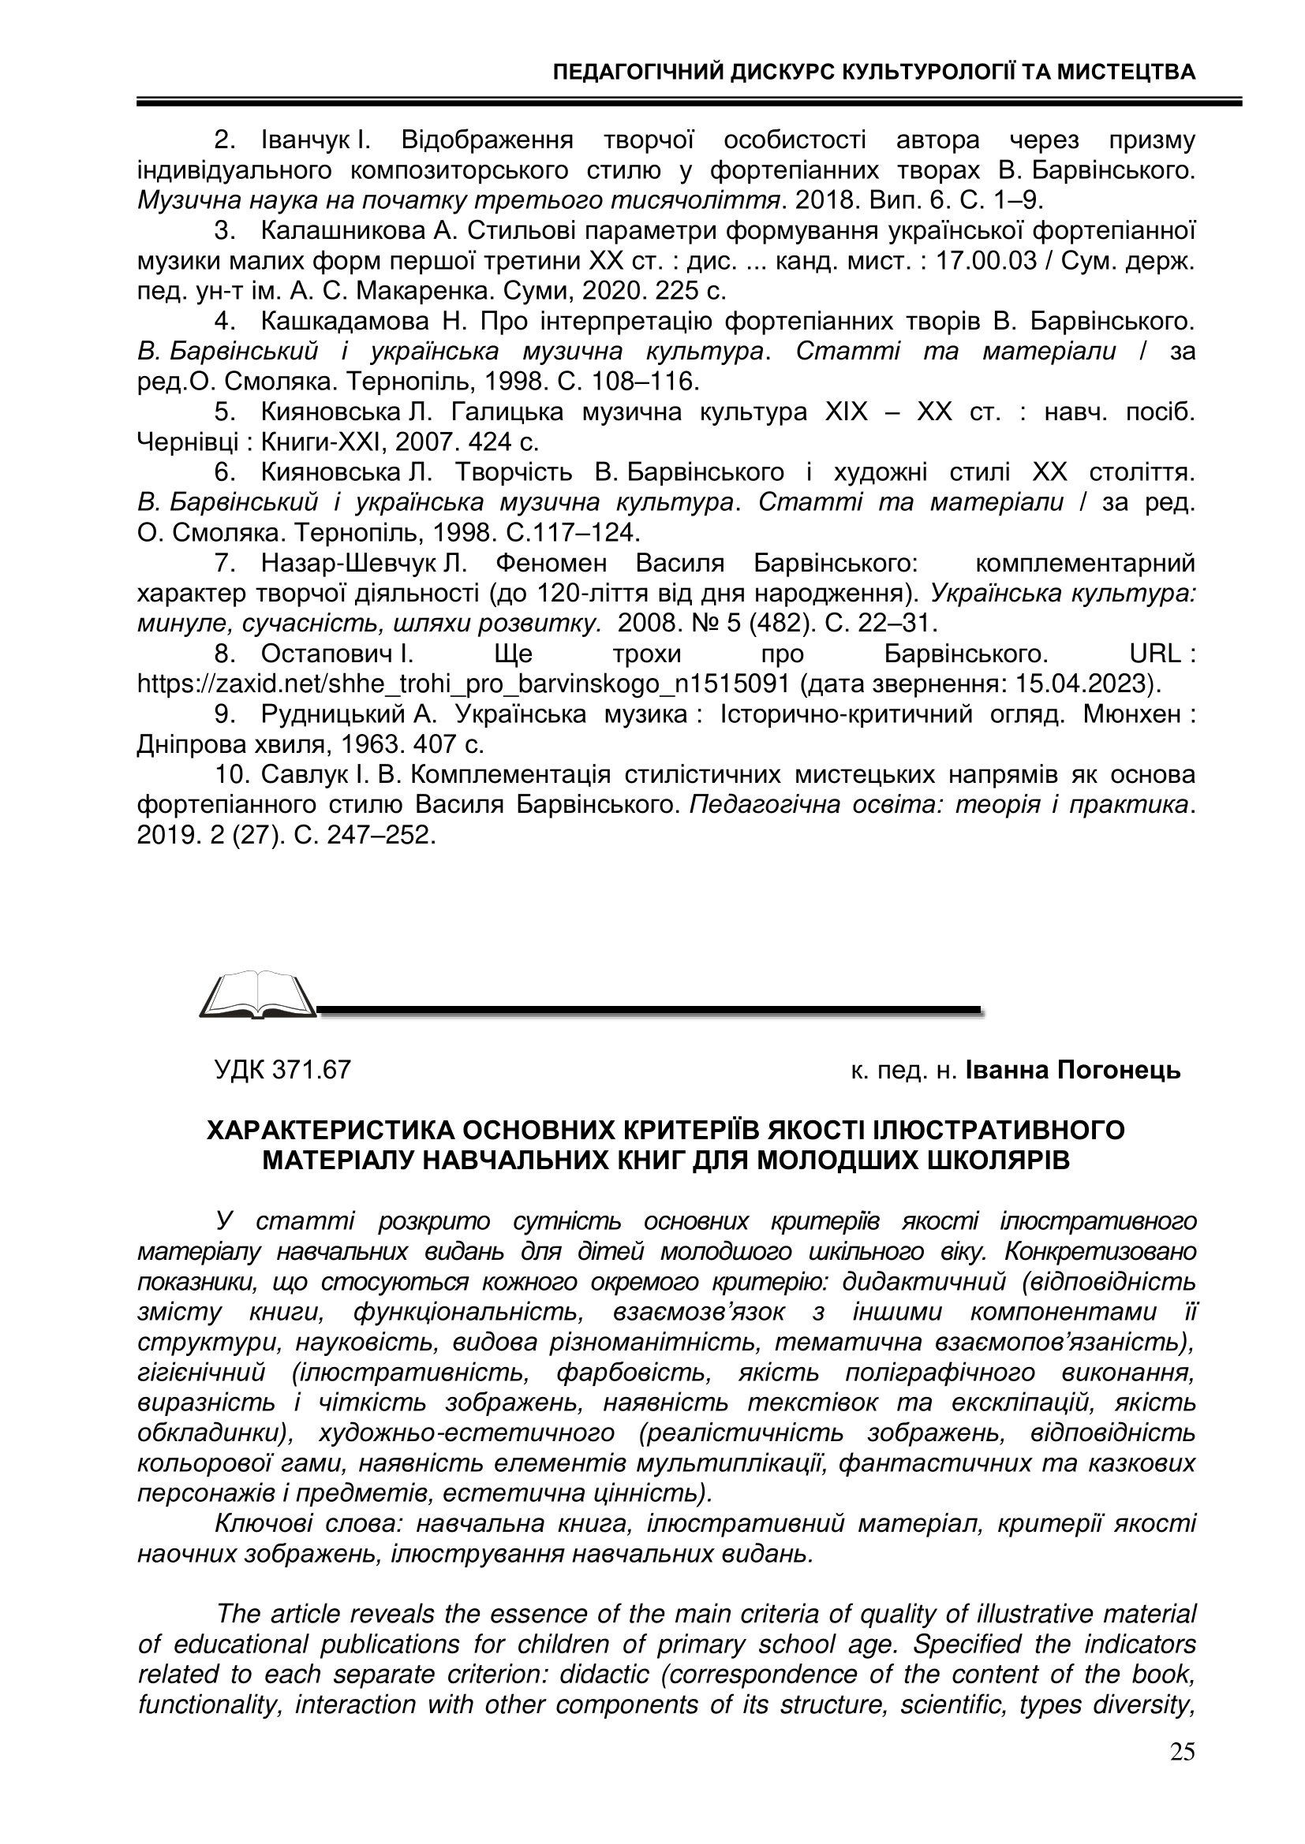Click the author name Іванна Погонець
pyautogui.click(x=1073, y=1070)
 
